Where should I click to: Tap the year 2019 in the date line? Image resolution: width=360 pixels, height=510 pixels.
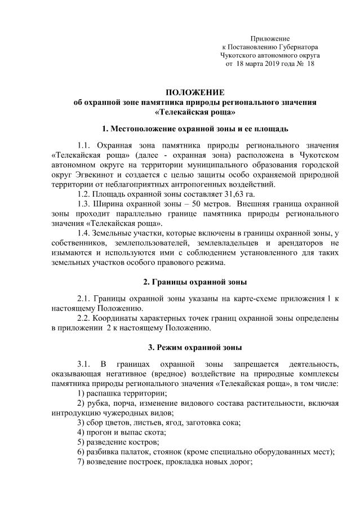[272, 65]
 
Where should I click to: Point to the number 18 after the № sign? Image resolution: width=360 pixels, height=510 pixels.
[309, 65]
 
